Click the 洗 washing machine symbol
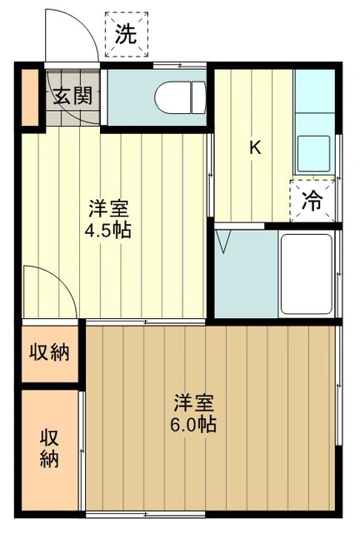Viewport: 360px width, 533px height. [126, 34]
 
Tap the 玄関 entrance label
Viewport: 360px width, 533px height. [72, 95]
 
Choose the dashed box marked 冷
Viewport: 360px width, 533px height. [312, 200]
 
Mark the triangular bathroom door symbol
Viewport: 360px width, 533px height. [224, 243]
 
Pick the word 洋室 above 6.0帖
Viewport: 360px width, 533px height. [195, 403]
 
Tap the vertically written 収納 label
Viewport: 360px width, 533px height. [50, 447]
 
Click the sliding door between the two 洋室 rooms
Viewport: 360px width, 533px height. [146, 321]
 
